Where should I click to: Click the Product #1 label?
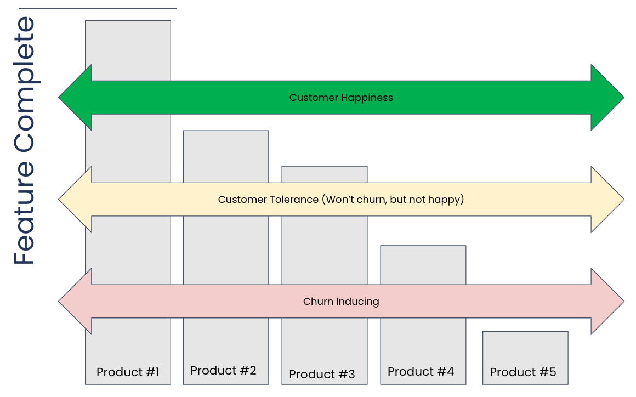click(128, 372)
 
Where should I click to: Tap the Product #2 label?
click(224, 370)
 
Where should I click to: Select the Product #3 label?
click(322, 374)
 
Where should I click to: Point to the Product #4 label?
click(421, 371)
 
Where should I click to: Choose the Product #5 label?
click(523, 372)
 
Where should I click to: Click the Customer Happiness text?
click(341, 98)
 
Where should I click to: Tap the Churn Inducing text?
click(341, 302)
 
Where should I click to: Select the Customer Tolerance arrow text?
click(341, 200)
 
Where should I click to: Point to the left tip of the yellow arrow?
click(59, 200)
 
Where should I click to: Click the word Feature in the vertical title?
click(24, 213)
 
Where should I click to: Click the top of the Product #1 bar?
click(128, 21)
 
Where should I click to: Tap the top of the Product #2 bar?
click(226, 131)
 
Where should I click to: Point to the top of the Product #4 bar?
click(423, 246)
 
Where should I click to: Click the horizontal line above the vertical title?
click(98, 8)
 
